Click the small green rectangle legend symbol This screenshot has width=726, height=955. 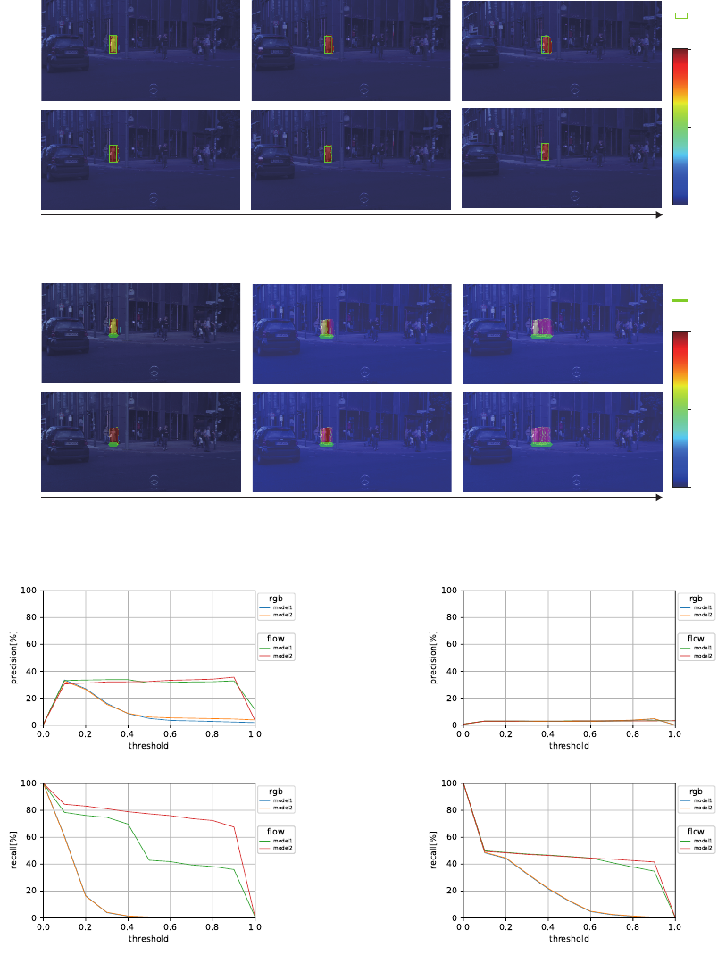[x=681, y=16]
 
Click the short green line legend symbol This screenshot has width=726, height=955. [x=680, y=301]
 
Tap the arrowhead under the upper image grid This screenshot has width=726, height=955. [x=659, y=215]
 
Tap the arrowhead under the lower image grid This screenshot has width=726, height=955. [x=659, y=498]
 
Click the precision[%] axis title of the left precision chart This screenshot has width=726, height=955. [x=14, y=658]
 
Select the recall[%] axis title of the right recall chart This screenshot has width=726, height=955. [x=434, y=851]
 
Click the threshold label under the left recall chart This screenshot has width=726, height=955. [x=148, y=939]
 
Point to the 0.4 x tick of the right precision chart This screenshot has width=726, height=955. [x=547, y=734]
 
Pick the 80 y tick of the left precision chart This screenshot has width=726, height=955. [x=32, y=617]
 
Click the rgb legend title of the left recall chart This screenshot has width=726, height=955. [x=275, y=792]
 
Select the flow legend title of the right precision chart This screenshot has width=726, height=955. [x=695, y=639]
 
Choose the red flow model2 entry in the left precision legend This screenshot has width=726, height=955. [x=281, y=656]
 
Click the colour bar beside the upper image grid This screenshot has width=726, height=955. [x=680, y=126]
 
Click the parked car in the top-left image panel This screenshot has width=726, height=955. [x=65, y=54]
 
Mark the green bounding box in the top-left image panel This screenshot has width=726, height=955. [x=113, y=44]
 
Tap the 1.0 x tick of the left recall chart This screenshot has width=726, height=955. [x=255, y=927]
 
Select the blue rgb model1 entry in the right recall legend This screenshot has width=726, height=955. [x=701, y=800]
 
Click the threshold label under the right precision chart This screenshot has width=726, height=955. [x=569, y=746]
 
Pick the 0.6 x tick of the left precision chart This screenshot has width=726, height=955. [x=171, y=734]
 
